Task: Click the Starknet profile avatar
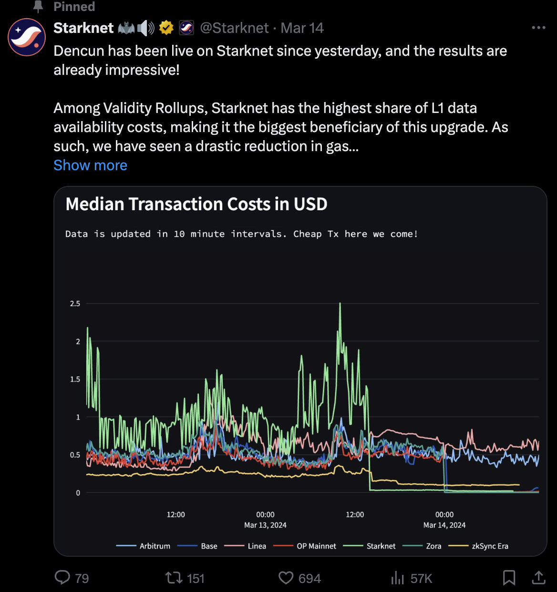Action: [x=27, y=37]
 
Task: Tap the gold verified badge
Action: [x=166, y=28]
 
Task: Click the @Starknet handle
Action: [x=234, y=28]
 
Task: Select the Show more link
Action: [x=90, y=165]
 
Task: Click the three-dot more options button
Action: [x=538, y=28]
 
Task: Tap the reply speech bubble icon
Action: [x=62, y=578]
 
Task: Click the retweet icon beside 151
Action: [x=173, y=578]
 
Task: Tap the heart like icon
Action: [x=286, y=578]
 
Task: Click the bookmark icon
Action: [x=509, y=578]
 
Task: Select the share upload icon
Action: [x=538, y=578]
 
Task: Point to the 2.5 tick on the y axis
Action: [x=75, y=304]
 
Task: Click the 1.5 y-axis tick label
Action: [x=75, y=379]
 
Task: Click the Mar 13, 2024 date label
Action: [x=265, y=525]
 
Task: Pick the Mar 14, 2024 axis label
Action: [x=444, y=525]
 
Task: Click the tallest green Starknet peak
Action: [x=340, y=304]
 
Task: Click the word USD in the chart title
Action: [x=310, y=204]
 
